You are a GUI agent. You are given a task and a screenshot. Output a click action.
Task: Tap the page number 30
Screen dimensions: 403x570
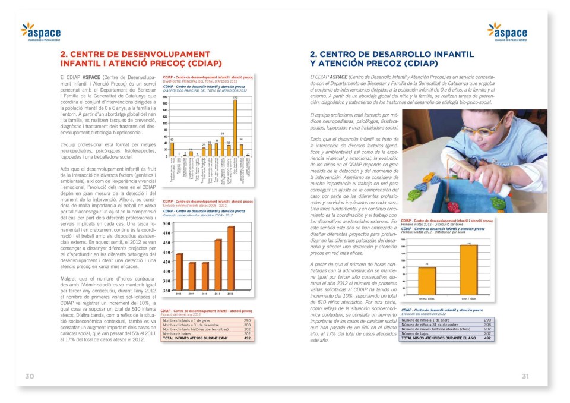(29, 376)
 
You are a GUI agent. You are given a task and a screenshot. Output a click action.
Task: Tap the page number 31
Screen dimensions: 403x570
(525, 376)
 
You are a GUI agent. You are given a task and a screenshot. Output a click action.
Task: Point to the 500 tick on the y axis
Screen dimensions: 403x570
(167, 224)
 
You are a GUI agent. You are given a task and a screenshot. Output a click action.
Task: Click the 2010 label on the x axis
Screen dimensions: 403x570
(205, 294)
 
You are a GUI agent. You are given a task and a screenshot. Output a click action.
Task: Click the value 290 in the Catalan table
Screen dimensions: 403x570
(247, 320)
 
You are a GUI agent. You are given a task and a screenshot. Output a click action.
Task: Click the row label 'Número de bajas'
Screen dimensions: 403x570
(419, 334)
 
